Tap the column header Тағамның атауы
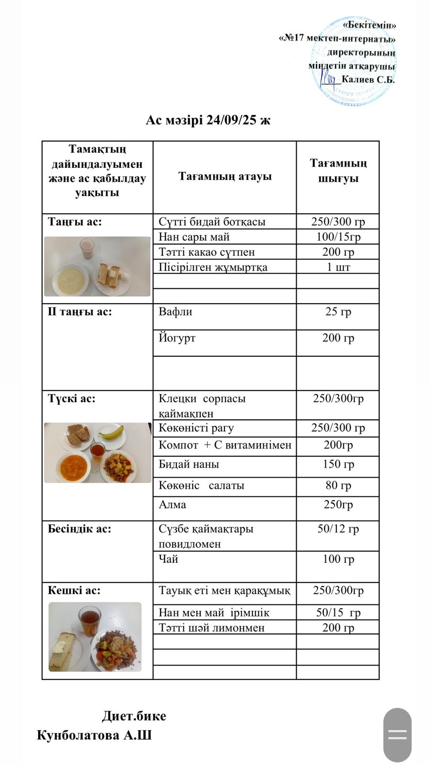point(225,176)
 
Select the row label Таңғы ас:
point(75,222)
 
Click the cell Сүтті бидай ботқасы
point(212,222)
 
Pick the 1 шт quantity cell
point(338,267)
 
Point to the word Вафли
point(175,312)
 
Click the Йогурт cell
point(177,338)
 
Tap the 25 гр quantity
point(338,312)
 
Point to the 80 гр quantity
point(338,485)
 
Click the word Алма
point(172,504)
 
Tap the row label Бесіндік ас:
point(79,529)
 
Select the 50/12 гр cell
point(338,529)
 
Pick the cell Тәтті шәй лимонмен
point(211,628)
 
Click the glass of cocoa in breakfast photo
point(87,249)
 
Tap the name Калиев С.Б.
point(368,80)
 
